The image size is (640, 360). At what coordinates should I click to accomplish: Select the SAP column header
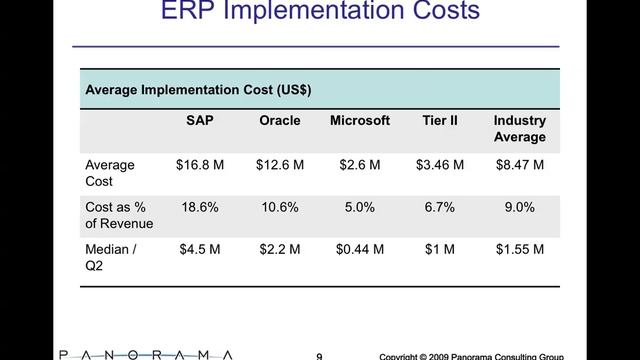(x=199, y=121)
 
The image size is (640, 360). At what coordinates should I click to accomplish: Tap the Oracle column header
(x=280, y=121)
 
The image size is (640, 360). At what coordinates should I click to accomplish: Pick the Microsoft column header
(x=360, y=121)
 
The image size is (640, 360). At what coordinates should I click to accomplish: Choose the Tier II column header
(x=440, y=121)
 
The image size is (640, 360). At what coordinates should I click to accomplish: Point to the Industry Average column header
(x=519, y=129)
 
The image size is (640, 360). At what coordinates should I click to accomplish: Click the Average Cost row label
(x=110, y=173)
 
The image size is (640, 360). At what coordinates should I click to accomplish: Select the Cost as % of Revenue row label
(x=119, y=215)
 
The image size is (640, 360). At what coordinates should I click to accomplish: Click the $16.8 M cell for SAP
(x=199, y=165)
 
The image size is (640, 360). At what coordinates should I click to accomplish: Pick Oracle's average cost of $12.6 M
(x=280, y=165)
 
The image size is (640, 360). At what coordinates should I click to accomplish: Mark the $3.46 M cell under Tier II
(x=440, y=165)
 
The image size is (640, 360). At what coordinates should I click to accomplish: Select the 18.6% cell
(x=199, y=207)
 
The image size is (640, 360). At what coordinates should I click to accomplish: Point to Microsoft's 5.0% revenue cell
(x=360, y=207)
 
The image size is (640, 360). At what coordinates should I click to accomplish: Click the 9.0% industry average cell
(x=519, y=207)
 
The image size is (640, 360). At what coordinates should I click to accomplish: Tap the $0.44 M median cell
(x=360, y=249)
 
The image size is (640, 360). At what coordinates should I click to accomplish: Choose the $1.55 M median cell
(x=519, y=249)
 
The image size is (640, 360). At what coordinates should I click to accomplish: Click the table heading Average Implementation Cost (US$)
(x=198, y=89)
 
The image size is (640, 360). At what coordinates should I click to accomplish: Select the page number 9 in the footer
(x=319, y=355)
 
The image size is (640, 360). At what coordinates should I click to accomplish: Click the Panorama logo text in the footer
(x=145, y=354)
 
